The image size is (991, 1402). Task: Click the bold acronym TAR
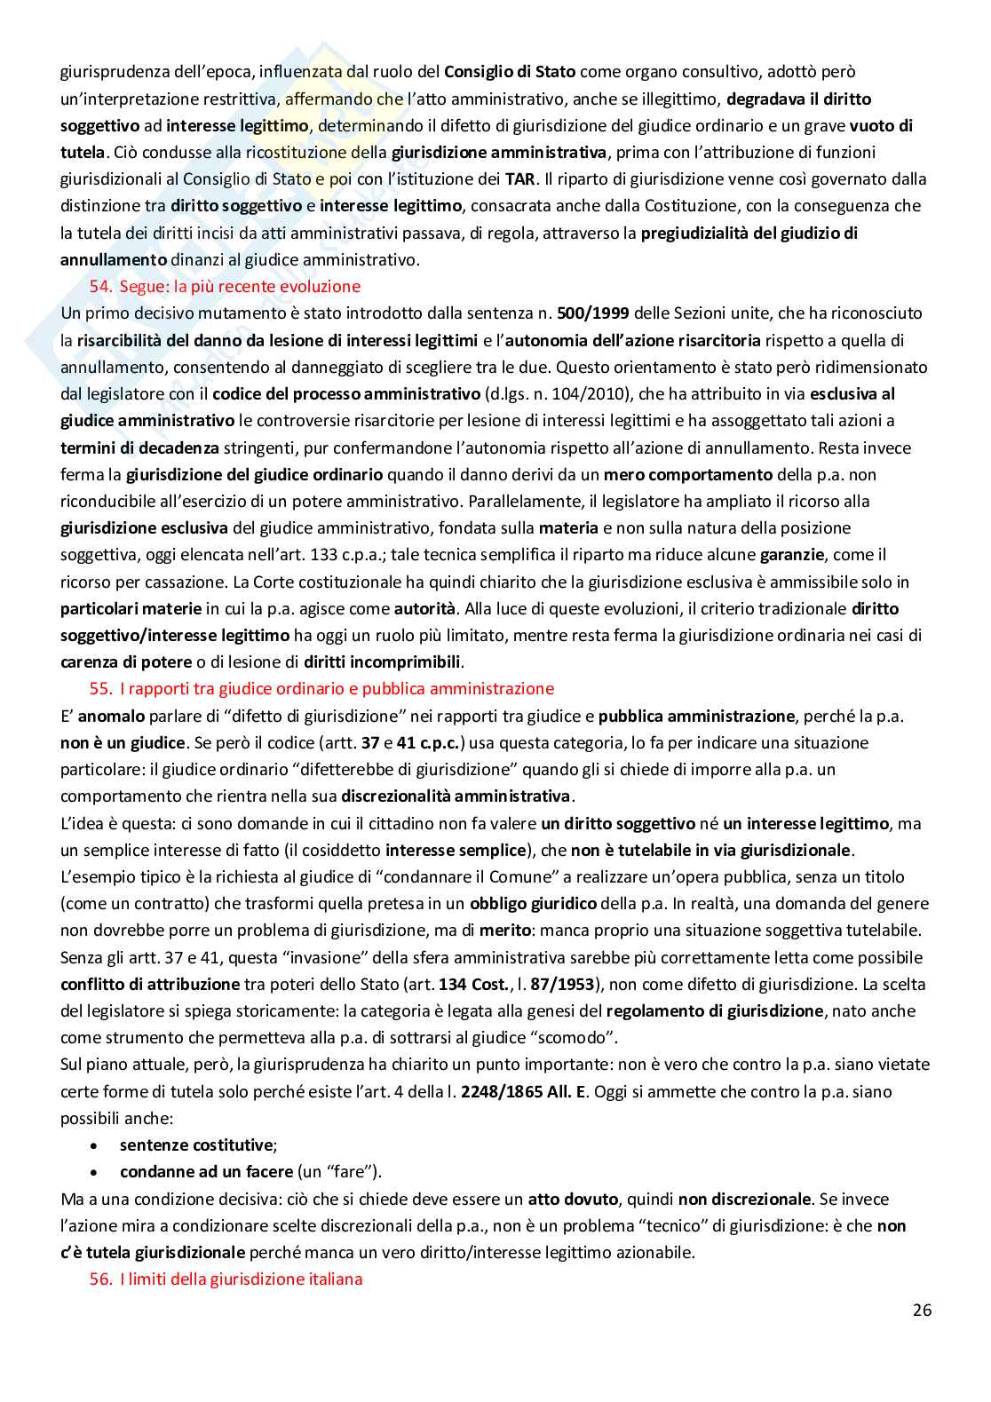tap(519, 178)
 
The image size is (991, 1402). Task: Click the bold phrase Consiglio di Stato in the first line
tap(509, 71)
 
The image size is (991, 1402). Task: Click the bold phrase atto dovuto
tap(573, 1199)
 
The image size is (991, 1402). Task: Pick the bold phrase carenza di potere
tap(126, 661)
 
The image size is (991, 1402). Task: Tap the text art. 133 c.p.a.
tap(321, 555)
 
